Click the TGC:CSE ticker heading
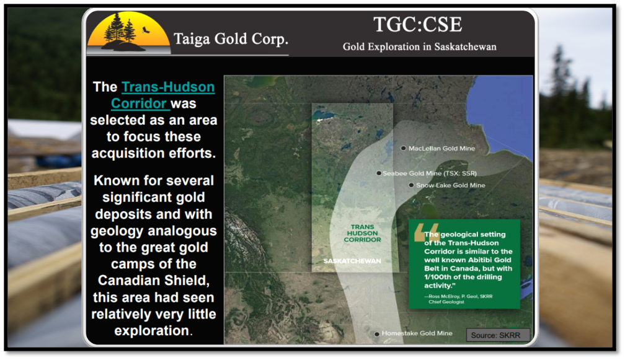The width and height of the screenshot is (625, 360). click(x=418, y=25)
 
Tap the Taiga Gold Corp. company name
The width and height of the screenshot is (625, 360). click(x=231, y=39)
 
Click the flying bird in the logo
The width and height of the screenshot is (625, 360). click(x=146, y=30)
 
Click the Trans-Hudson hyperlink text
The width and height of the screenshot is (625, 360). click(x=168, y=87)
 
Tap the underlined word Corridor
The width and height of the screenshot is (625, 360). click(x=139, y=103)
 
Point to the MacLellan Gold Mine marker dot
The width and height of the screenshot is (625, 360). click(x=404, y=148)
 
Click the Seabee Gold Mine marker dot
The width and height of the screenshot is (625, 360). click(x=379, y=173)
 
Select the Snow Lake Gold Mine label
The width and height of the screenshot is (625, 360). click(x=450, y=185)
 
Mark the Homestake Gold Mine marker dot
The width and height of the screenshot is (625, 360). click(x=377, y=334)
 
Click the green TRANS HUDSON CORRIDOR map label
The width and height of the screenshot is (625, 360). click(x=362, y=234)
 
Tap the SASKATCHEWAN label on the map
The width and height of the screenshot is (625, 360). click(x=352, y=261)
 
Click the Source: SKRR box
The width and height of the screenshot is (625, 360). click(x=499, y=335)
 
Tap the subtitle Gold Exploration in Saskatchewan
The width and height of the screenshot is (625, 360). click(x=419, y=47)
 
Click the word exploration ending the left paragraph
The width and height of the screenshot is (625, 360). click(x=152, y=331)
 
